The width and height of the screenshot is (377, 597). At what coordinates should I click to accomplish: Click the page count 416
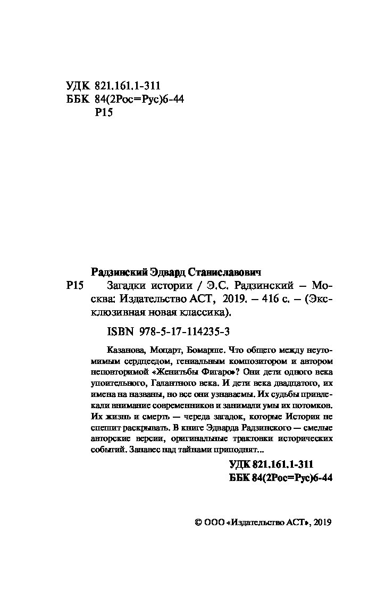(x=265, y=298)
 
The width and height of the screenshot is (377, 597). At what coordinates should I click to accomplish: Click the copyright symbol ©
(x=199, y=523)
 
